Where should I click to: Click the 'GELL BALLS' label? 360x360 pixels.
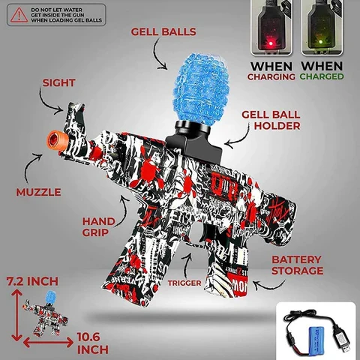pos(163,31)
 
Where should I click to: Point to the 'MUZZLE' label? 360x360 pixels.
pos(38,192)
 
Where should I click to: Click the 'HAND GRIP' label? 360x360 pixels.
pos(97,226)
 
